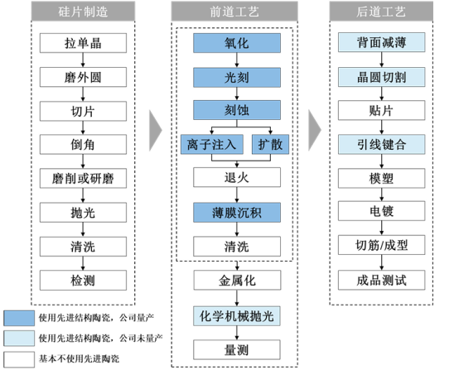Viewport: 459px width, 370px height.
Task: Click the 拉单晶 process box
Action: [x=84, y=42]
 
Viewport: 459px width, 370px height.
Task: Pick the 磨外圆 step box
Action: [x=84, y=76]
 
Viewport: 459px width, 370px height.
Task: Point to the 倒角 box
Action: [x=84, y=144]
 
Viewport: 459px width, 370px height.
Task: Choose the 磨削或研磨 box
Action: [x=84, y=178]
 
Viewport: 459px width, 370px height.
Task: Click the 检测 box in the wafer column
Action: [x=84, y=280]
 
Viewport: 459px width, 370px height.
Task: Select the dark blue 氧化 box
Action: [x=234, y=42]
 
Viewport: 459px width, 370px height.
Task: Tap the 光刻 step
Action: [x=234, y=76]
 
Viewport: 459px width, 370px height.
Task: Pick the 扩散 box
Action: [x=269, y=144]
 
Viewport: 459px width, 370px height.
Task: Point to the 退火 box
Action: [x=234, y=177]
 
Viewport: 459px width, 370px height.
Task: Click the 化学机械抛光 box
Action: [x=234, y=315]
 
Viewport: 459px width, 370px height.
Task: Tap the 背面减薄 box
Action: [x=381, y=42]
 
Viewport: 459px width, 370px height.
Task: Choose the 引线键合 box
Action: [x=381, y=144]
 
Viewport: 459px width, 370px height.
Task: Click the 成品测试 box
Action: [x=381, y=280]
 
